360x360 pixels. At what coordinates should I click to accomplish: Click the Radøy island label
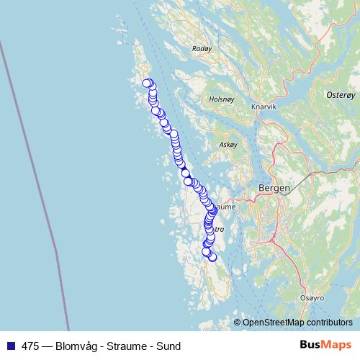[202, 49]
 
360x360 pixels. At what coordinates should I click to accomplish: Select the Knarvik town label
[264, 107]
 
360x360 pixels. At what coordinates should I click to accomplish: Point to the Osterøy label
[341, 94]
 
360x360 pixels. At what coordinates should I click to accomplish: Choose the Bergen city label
[274, 188]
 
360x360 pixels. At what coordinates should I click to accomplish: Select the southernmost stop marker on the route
[212, 257]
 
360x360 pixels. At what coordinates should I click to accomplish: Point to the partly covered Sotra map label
[218, 229]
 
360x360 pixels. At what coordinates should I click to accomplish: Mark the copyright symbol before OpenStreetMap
[238, 323]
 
